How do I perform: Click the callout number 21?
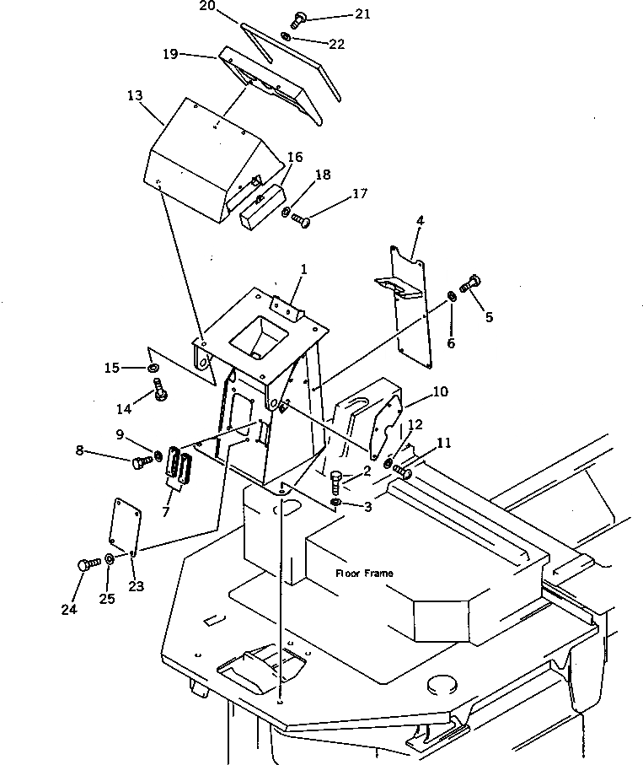coord(339,14)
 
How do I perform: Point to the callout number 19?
coord(170,53)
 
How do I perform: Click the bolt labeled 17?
coord(301,220)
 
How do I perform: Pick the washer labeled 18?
coord(287,211)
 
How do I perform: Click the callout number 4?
coord(420,220)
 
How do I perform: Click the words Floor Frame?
coord(364,574)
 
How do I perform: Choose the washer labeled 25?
coord(110,559)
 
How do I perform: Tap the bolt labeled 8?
coord(141,461)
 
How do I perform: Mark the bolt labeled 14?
coord(159,391)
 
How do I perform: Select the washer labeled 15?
coord(153,369)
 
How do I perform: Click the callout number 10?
coord(440,392)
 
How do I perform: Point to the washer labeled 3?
coord(337,504)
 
